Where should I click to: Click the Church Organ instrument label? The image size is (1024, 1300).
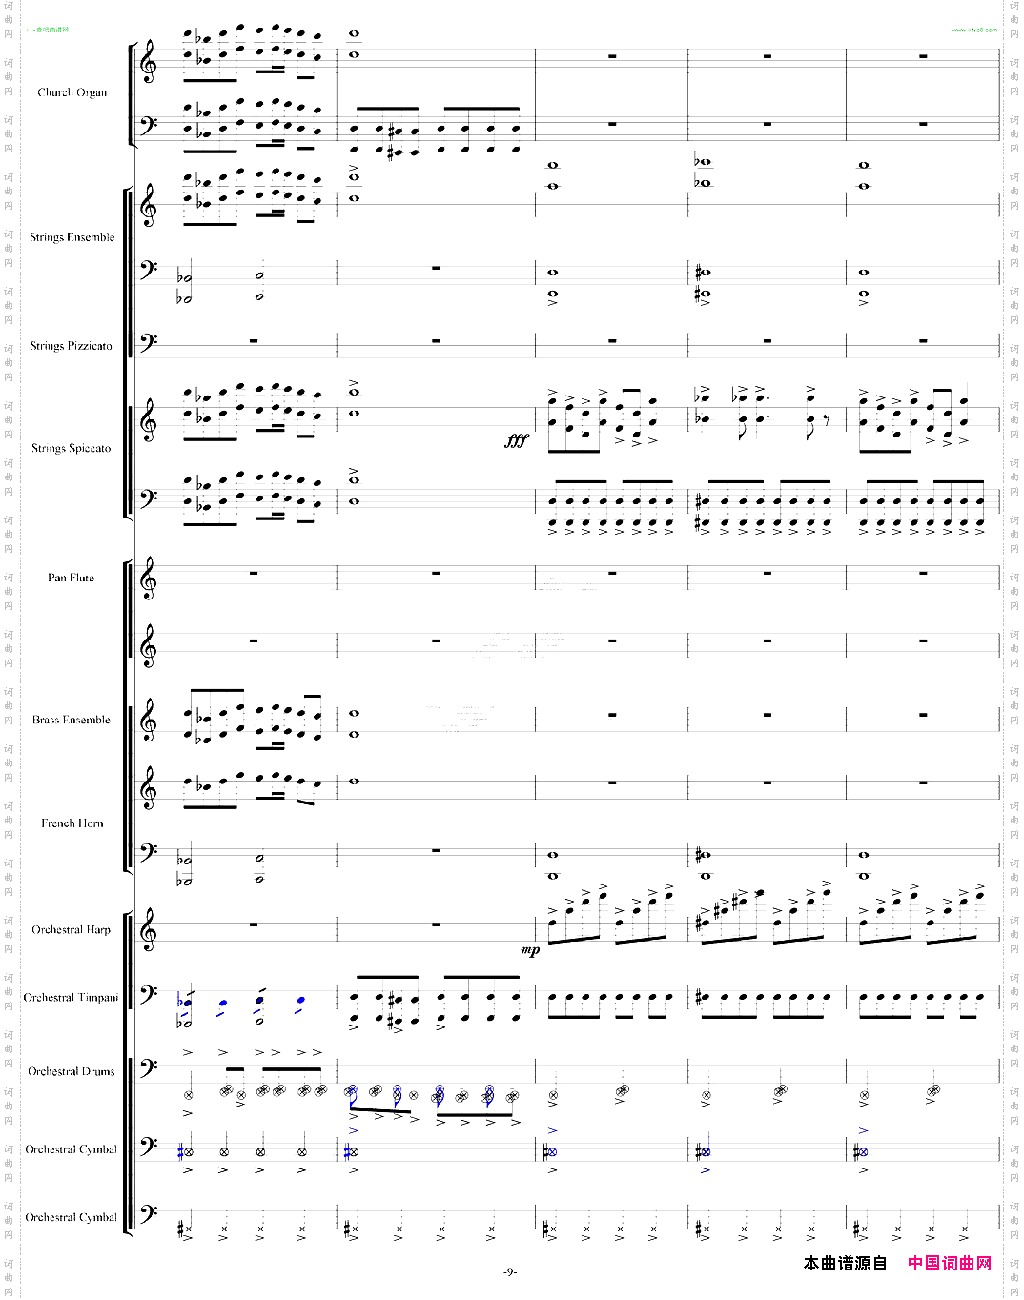click(72, 92)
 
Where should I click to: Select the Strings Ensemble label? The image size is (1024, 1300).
click(72, 237)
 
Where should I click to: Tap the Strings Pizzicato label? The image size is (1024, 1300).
click(71, 346)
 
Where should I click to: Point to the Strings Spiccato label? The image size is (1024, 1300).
click(71, 448)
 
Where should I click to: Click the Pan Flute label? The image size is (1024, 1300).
click(71, 578)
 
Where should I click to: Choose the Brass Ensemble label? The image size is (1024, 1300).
click(71, 720)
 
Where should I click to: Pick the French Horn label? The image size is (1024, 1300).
click(72, 823)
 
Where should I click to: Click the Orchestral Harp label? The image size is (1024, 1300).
click(71, 930)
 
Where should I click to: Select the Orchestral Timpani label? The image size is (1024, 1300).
click(71, 998)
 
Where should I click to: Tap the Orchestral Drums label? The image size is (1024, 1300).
click(71, 1072)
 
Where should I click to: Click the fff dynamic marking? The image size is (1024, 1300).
click(516, 440)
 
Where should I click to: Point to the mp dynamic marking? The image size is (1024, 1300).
click(529, 950)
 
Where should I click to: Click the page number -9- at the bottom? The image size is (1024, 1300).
click(510, 1272)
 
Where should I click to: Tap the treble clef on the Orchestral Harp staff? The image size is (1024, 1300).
click(149, 931)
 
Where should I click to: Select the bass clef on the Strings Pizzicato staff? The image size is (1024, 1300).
click(149, 340)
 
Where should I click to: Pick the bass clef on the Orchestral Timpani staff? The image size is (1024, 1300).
click(149, 996)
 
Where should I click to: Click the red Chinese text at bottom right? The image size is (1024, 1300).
click(949, 1263)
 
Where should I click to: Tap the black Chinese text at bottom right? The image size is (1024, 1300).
click(845, 1263)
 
